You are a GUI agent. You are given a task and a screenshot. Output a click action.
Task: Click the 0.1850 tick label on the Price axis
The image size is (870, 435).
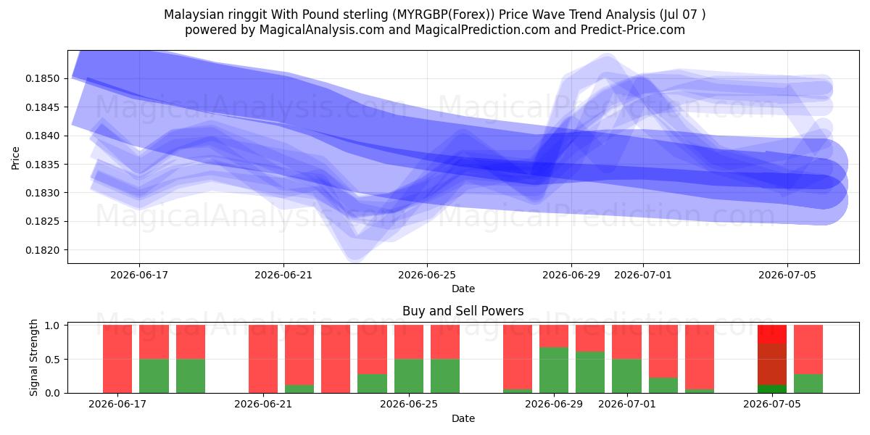tap(42, 78)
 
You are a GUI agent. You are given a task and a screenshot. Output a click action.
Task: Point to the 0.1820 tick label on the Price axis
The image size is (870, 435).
tap(42, 250)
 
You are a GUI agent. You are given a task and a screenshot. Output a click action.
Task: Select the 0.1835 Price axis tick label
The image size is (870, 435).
tap(42, 165)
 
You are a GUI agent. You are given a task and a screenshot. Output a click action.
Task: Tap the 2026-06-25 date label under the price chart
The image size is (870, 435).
tap(427, 275)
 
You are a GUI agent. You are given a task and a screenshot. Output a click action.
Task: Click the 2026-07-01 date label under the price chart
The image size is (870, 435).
tap(643, 275)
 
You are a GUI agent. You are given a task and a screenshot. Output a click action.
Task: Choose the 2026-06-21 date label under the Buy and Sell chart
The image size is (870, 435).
tap(263, 404)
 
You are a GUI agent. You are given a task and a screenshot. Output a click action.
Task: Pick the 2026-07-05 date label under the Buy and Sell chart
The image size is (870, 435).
tap(772, 404)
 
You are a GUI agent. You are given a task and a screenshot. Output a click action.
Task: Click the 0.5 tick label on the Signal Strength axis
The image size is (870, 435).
tap(52, 360)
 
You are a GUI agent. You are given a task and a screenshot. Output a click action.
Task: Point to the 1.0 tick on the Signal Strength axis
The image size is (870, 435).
tap(52, 326)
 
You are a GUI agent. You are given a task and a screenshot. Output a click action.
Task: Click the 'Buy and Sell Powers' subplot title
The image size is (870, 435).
tap(463, 311)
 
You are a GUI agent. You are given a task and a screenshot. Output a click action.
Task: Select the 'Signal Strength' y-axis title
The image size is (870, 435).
tap(34, 357)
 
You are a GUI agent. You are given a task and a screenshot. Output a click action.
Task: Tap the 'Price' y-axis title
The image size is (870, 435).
tap(15, 158)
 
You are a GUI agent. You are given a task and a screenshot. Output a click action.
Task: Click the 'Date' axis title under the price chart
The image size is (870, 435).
tap(463, 289)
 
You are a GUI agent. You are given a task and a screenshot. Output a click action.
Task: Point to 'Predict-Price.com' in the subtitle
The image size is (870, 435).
tap(633, 30)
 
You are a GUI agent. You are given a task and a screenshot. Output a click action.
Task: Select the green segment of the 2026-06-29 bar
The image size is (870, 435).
tap(554, 370)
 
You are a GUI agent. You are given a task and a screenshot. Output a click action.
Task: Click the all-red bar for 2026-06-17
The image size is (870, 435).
tap(117, 359)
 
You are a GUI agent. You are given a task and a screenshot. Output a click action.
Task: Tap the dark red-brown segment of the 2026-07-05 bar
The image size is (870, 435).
tap(772, 364)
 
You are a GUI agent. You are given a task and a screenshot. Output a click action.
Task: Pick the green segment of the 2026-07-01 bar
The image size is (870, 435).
tap(626, 376)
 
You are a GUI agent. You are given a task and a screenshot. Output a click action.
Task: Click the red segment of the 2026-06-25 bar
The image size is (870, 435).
tap(409, 342)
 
